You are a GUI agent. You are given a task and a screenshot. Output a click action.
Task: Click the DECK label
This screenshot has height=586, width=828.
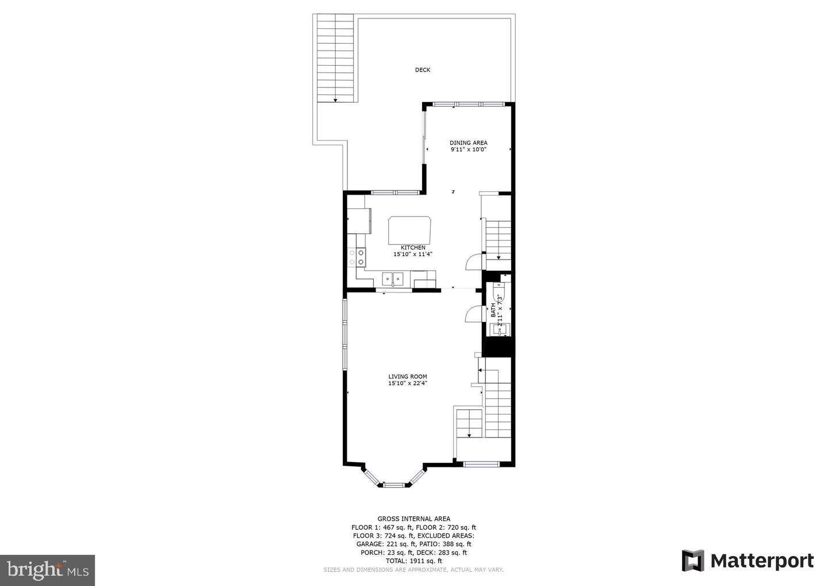click(423, 70)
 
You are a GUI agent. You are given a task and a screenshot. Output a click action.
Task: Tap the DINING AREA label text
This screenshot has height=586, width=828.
click(468, 143)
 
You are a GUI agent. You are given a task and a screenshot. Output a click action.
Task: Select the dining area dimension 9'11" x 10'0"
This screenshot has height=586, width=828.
click(468, 150)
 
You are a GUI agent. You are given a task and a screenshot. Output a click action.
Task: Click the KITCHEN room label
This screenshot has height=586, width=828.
click(413, 248)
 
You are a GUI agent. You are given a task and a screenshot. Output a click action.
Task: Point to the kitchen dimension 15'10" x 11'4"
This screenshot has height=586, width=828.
click(412, 254)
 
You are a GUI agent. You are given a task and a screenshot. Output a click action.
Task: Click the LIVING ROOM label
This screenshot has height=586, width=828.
click(407, 376)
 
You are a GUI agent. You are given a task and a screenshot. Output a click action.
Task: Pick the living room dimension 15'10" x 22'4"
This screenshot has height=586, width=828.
click(407, 383)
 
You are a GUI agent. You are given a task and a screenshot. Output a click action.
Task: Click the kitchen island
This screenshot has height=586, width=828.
click(410, 230)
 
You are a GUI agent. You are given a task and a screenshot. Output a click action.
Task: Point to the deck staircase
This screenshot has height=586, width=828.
click(335, 58)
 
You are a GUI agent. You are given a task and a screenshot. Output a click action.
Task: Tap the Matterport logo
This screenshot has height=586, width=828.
click(747, 561)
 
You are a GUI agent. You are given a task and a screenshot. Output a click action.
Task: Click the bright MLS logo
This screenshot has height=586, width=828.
click(47, 570)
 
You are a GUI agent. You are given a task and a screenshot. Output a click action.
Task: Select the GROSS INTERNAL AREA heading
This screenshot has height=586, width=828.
click(413, 519)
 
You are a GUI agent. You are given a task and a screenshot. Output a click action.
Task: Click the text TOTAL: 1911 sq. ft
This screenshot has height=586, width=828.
click(413, 561)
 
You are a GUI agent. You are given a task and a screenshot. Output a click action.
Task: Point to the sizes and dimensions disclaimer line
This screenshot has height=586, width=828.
click(413, 570)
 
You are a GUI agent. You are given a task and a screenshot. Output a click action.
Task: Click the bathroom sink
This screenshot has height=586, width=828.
click(496, 330)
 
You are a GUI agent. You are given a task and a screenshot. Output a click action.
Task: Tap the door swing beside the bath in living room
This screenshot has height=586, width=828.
click(474, 314)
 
